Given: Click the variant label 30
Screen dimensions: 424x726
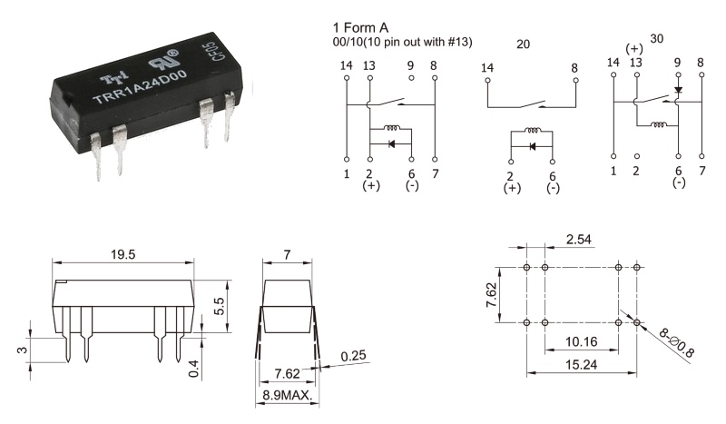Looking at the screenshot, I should pos(658,39).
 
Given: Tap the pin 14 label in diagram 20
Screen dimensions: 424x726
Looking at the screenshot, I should pos(487,67).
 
